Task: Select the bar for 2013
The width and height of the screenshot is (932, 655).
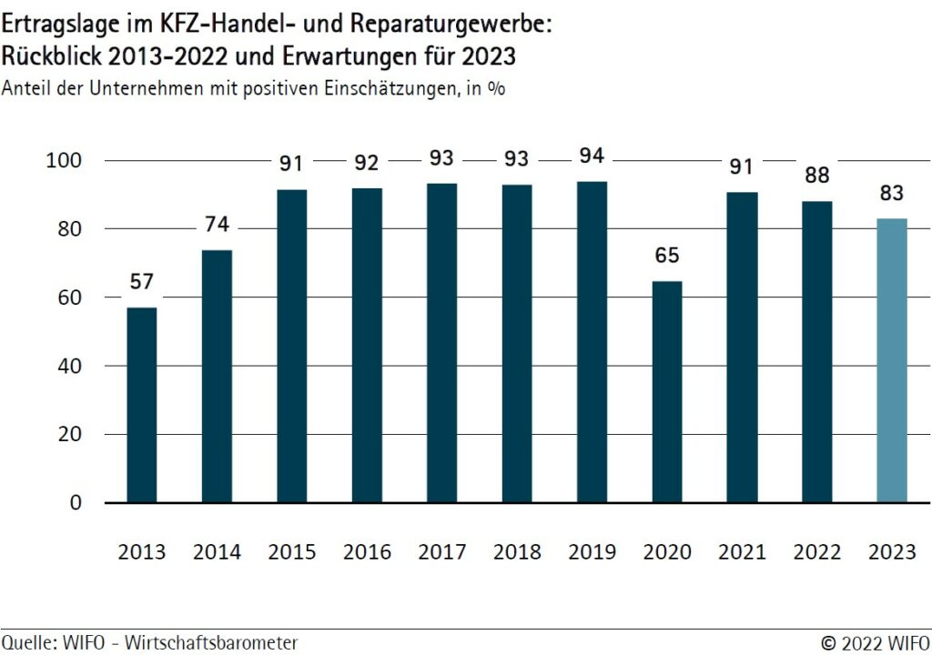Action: pos(141,405)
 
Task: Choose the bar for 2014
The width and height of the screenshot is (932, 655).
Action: pos(217,376)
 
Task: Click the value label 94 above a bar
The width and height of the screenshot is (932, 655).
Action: pos(592,156)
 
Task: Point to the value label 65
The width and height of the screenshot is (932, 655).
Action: pos(667,256)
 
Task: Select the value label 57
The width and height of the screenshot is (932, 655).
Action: pos(141,282)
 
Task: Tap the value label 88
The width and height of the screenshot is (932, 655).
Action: pos(817,176)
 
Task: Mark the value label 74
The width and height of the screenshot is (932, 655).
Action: pos(217,224)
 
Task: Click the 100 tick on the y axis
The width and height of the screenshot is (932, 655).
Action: pos(64,161)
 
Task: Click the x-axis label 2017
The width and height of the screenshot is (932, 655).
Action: pos(441,552)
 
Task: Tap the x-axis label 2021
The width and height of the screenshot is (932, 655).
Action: pos(742,552)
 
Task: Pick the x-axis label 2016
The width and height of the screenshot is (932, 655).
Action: pos(367,552)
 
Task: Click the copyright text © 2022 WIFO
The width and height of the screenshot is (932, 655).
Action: pos(875,642)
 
